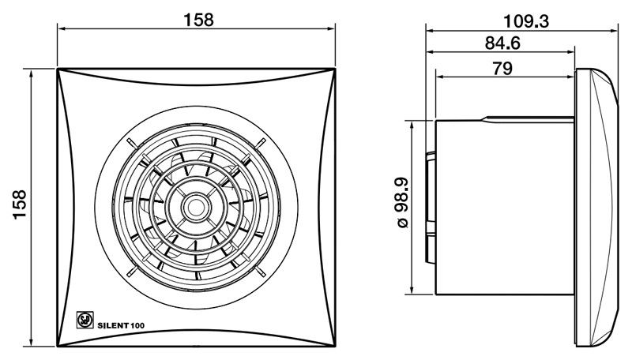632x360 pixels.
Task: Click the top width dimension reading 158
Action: coord(198,20)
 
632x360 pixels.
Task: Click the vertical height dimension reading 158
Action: coord(20,204)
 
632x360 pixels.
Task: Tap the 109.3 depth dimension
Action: coord(526,21)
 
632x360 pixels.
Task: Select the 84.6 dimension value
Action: coord(502,43)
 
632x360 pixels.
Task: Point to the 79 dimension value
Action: coord(502,69)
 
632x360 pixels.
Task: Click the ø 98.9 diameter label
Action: coord(403,203)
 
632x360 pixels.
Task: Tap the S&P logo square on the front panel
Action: coord(85,321)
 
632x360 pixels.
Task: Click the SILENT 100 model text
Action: coord(121,325)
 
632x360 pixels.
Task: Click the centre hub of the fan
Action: coord(196,208)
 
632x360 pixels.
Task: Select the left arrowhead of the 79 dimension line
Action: coord(440,77)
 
